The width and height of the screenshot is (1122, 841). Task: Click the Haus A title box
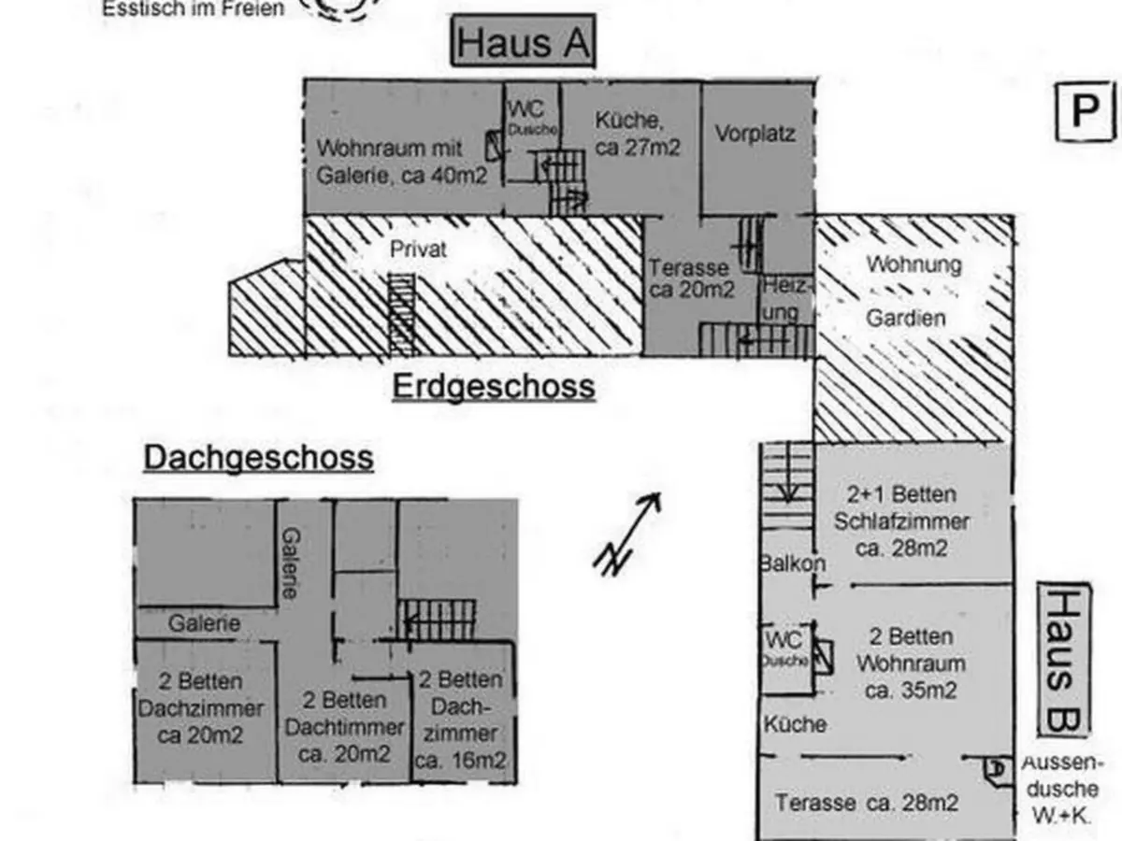click(523, 43)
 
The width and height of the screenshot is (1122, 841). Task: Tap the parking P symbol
click(1085, 111)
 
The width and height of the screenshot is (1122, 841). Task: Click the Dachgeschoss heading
click(258, 458)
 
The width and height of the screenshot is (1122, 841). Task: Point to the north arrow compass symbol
click(627, 534)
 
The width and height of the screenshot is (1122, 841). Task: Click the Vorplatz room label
click(755, 134)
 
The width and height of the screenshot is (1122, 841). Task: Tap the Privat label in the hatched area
click(418, 249)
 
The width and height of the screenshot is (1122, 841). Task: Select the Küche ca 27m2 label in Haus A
click(637, 134)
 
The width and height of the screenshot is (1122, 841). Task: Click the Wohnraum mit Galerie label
click(401, 162)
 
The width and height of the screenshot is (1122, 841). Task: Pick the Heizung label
click(784, 298)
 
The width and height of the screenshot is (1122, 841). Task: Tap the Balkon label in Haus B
click(792, 563)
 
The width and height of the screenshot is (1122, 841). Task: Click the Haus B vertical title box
click(1064, 660)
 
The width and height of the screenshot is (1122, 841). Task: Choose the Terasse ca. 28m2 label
click(867, 802)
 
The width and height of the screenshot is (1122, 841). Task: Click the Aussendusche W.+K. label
click(1062, 789)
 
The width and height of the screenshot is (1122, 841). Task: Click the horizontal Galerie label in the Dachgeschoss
click(204, 623)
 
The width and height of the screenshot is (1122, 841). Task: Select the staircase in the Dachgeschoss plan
click(437, 620)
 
